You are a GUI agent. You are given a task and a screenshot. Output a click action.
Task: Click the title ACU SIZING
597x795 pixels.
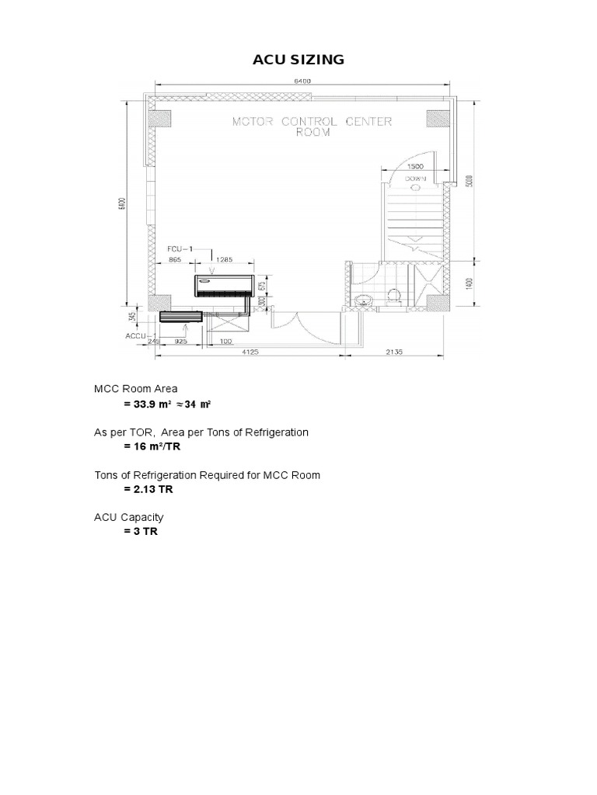[x=298, y=60]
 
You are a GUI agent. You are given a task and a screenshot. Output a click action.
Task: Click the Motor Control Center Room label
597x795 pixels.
[x=313, y=127]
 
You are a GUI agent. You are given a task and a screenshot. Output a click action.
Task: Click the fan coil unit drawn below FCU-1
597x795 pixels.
[x=223, y=286]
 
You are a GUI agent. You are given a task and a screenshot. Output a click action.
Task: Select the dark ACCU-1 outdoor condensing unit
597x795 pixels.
[x=180, y=317]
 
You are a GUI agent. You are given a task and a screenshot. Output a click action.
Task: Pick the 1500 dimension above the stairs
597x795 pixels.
[x=415, y=167]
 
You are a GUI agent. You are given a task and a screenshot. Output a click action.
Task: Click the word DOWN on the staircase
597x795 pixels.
[x=416, y=178]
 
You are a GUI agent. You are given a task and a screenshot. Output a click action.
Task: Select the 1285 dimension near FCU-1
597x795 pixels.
[x=225, y=261]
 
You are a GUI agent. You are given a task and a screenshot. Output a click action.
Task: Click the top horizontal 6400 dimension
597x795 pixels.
[x=302, y=81]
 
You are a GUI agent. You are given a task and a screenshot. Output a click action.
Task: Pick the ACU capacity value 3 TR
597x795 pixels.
[x=140, y=533]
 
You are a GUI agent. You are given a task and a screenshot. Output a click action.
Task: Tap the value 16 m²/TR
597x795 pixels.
[x=152, y=448]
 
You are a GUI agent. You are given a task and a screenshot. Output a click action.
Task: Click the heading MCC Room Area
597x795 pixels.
[x=135, y=389]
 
